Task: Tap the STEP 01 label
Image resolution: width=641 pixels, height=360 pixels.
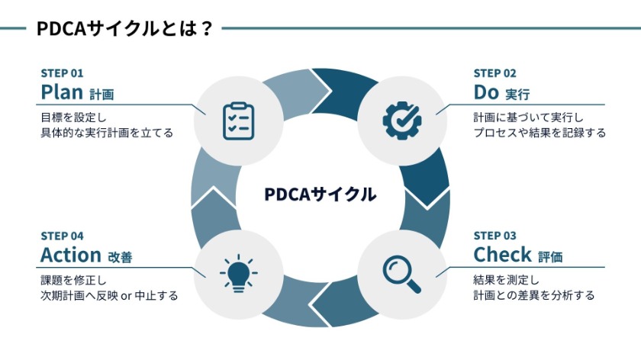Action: coord(62,74)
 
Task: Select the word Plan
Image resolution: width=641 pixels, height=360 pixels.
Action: coord(61,92)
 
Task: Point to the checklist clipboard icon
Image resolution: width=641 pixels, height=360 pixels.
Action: coord(238,121)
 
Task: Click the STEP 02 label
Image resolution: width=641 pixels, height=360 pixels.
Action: coord(494,74)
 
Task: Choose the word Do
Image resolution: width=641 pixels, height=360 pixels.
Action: coord(485,92)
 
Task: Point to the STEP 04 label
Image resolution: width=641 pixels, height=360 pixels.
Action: coord(62,236)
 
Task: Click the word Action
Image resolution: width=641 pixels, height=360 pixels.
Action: coord(71,254)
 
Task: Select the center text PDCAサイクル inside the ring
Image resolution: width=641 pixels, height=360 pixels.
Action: coord(320,194)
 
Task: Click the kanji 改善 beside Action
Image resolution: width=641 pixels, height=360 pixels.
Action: coord(120,257)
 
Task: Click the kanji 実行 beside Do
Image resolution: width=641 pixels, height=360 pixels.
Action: coord(517,95)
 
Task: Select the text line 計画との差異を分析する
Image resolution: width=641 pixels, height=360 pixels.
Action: coord(533,294)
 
